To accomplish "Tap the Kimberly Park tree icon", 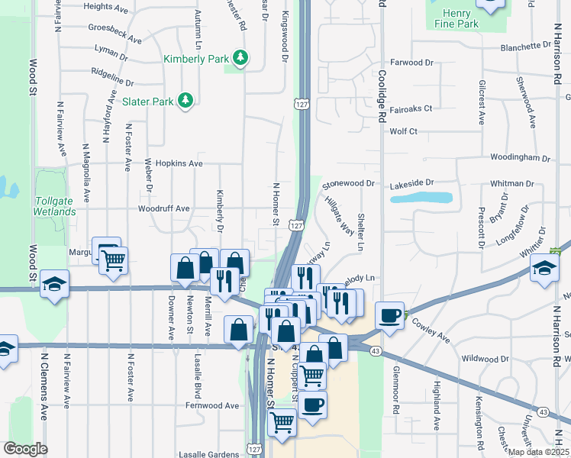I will tap(241, 58).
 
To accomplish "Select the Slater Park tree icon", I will tap(184, 100).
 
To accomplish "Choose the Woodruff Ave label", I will tap(163, 208).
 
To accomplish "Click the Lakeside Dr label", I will tap(411, 183).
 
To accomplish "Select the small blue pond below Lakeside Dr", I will tap(421, 198).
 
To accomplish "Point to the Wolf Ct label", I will tap(403, 131).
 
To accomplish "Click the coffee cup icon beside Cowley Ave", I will tap(389, 314).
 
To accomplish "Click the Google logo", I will tap(25, 449).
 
